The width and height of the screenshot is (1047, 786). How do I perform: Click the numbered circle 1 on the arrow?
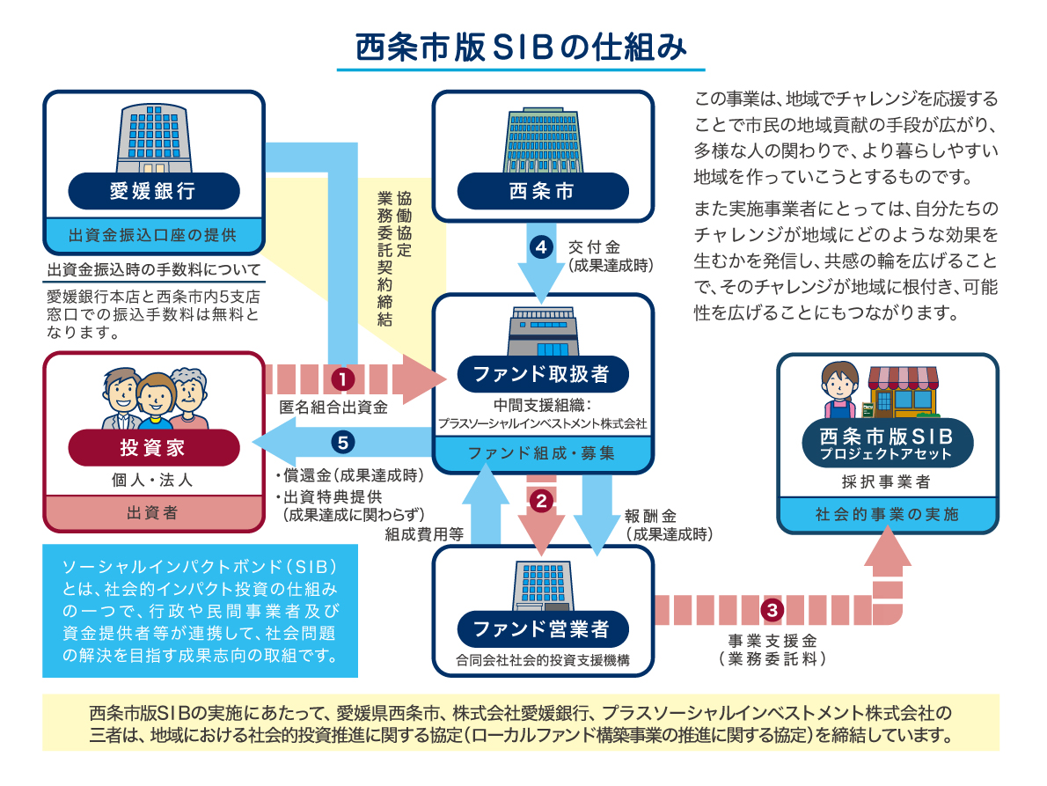tap(342, 378)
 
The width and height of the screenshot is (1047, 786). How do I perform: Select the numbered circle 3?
tap(771, 608)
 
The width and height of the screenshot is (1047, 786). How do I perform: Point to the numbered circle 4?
tap(542, 248)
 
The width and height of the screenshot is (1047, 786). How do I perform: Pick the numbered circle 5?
tap(343, 441)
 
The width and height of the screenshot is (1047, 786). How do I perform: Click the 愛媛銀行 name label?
tap(153, 191)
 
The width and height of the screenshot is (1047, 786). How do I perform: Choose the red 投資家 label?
tap(153, 447)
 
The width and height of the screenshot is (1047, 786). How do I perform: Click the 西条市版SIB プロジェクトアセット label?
tap(887, 444)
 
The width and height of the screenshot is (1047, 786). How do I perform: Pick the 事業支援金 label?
tap(772, 640)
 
